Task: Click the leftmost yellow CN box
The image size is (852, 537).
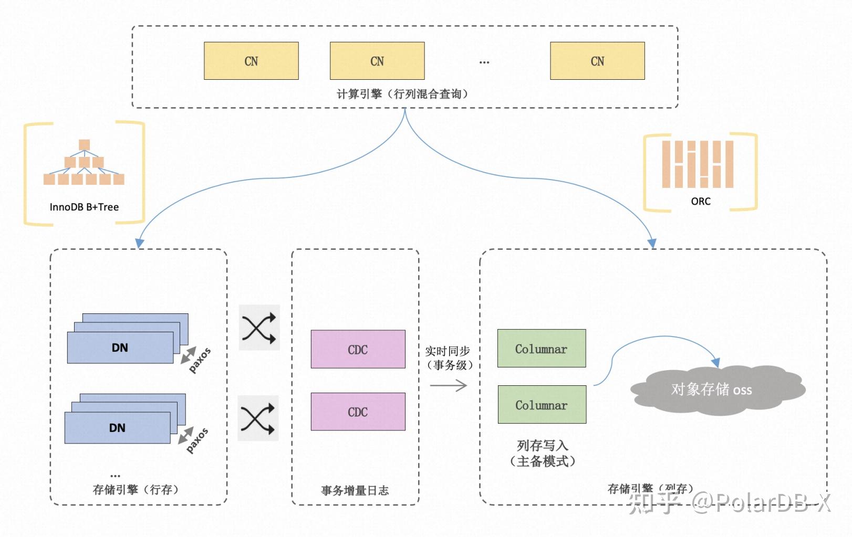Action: point(251,61)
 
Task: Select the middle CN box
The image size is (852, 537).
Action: point(377,61)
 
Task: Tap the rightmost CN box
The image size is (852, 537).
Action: point(597,61)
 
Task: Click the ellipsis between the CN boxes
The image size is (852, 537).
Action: point(484,62)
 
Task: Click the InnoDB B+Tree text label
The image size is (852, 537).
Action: point(84,207)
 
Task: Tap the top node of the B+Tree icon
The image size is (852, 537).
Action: point(84,144)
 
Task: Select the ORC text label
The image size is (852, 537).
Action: point(701,201)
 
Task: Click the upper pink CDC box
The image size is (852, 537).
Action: point(358,349)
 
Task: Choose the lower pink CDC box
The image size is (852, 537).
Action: point(358,412)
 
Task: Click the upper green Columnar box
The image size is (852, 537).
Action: point(541,349)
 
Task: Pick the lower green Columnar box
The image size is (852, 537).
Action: point(542,405)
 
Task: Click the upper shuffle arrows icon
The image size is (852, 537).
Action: point(259,328)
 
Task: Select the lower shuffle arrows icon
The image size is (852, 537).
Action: point(258,418)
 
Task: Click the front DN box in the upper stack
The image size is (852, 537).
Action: point(120,348)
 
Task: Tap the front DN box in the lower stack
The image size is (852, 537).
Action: point(117,428)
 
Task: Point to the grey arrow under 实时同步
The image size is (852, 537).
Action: point(448,386)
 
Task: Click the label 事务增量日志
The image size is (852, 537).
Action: point(355,490)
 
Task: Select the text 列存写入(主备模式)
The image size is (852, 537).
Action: point(543,454)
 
